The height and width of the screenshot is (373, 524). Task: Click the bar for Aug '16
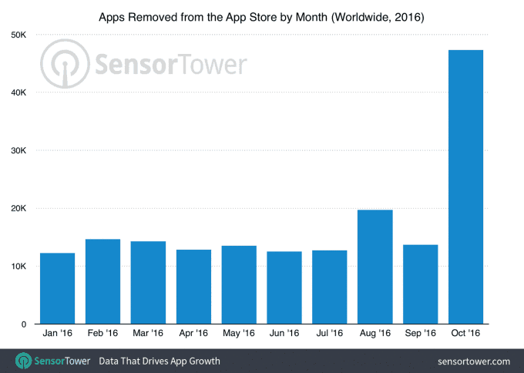375,267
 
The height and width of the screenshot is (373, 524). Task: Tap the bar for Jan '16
57,288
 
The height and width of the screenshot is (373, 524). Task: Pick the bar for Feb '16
102,281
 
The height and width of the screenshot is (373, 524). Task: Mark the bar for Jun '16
284,287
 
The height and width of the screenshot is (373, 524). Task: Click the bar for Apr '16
193,287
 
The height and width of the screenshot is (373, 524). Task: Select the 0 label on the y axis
25,324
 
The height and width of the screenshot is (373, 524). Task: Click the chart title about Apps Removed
262,15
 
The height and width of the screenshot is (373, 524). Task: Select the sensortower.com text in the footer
472,361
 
